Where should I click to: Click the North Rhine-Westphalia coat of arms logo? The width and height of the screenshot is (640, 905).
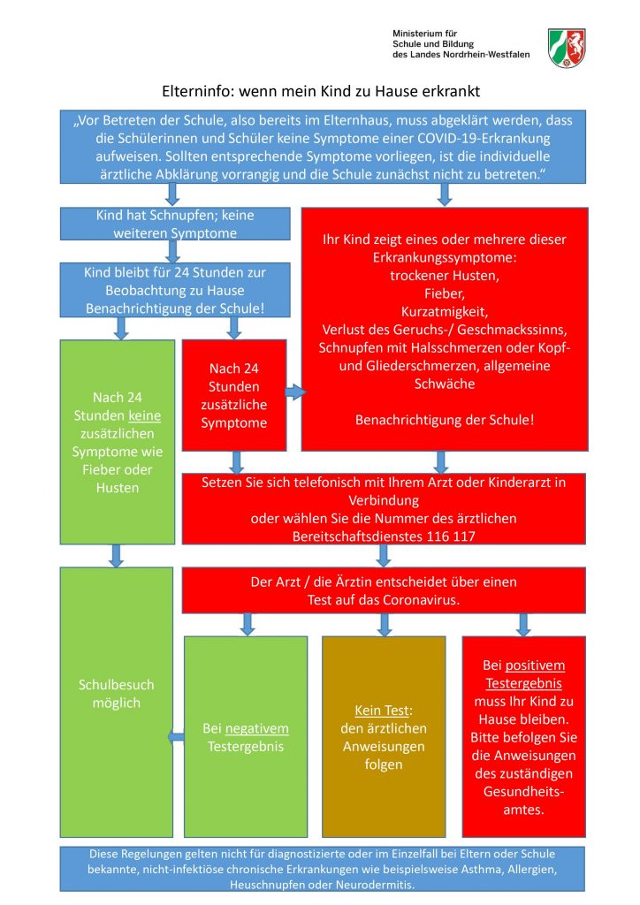point(566,48)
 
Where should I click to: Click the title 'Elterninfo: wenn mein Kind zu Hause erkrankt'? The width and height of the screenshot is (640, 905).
point(320,91)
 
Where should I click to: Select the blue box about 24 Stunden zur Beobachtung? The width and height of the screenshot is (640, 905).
point(175,290)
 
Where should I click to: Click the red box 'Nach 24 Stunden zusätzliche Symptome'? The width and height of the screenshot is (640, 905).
point(233,395)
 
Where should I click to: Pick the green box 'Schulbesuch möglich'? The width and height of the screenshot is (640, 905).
point(116,702)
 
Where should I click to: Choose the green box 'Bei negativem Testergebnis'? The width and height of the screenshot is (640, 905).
point(245,737)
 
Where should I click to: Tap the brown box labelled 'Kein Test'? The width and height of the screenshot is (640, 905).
point(383,736)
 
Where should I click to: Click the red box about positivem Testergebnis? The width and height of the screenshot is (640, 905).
point(522,736)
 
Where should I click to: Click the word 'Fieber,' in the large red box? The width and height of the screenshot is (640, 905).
point(445,293)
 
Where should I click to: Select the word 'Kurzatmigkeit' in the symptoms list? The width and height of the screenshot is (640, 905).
point(445,311)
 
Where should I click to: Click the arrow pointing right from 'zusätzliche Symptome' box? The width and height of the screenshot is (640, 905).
point(293,391)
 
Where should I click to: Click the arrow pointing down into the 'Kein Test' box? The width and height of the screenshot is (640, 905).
point(384,624)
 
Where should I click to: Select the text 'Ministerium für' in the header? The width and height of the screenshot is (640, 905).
point(423,33)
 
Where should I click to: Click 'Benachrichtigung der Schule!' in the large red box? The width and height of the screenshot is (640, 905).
point(445,420)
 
